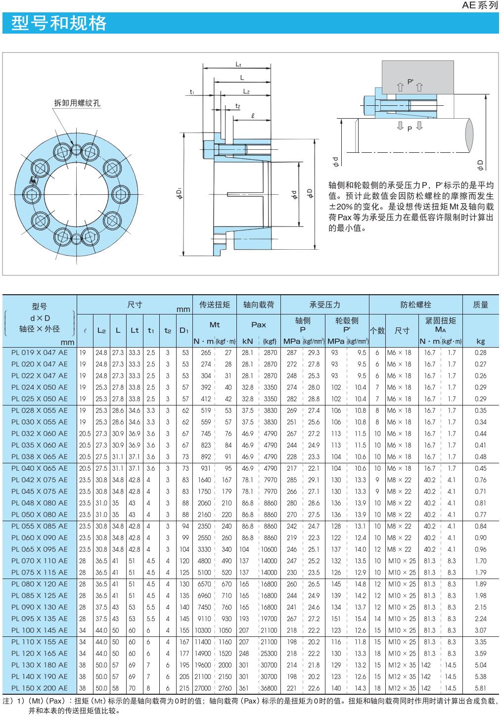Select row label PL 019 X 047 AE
point(40,353)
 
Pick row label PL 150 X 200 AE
point(40,688)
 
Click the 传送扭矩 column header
point(214,305)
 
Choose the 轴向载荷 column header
point(258,305)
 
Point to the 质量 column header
point(480,305)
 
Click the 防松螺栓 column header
point(415,305)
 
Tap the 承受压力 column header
point(324,305)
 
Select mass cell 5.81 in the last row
point(480,688)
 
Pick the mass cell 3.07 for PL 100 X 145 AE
point(480,630)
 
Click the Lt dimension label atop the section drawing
point(238,64)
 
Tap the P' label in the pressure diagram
point(410,82)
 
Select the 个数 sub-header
point(377,330)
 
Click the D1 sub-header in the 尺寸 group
point(184,330)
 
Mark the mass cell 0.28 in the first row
point(480,353)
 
